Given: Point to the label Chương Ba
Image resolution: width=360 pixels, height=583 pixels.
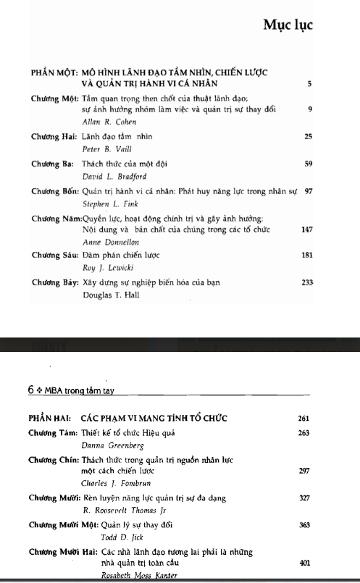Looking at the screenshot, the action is (49, 164).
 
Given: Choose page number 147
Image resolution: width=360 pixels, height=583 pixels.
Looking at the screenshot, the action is (306, 229).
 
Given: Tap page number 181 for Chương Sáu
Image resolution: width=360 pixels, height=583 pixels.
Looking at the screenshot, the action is (306, 256).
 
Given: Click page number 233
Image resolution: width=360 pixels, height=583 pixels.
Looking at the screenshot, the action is (306, 283).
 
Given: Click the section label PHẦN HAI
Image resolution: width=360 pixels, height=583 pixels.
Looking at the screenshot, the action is (49, 419).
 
